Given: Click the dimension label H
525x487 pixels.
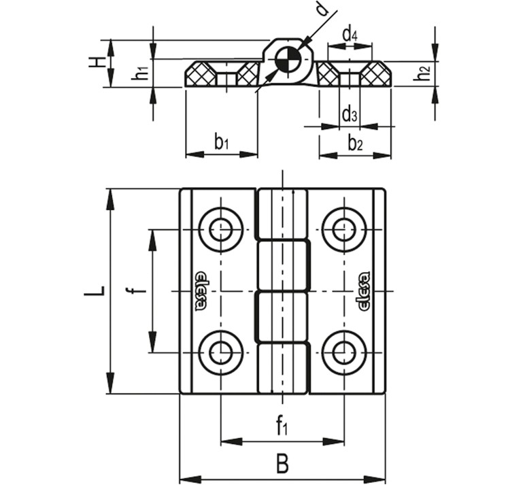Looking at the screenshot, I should tap(99, 63).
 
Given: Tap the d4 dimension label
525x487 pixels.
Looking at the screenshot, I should tap(350, 33).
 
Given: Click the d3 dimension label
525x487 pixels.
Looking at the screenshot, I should tap(349, 114).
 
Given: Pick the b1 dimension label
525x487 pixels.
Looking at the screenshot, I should tap(221, 142).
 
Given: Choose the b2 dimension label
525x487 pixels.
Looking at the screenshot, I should tap(355, 143).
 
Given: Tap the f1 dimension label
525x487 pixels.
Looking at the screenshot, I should tap(282, 427).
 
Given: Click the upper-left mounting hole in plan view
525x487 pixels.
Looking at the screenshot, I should tap(220, 229).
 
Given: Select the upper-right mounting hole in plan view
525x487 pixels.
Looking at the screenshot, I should tap(344, 229).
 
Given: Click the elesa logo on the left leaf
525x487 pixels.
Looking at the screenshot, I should tap(202, 291).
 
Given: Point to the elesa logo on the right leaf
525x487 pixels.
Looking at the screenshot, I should tap(363, 291).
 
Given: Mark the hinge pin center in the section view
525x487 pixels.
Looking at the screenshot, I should tap(286, 61).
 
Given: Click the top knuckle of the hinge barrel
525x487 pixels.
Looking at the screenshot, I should tap(282, 214).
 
